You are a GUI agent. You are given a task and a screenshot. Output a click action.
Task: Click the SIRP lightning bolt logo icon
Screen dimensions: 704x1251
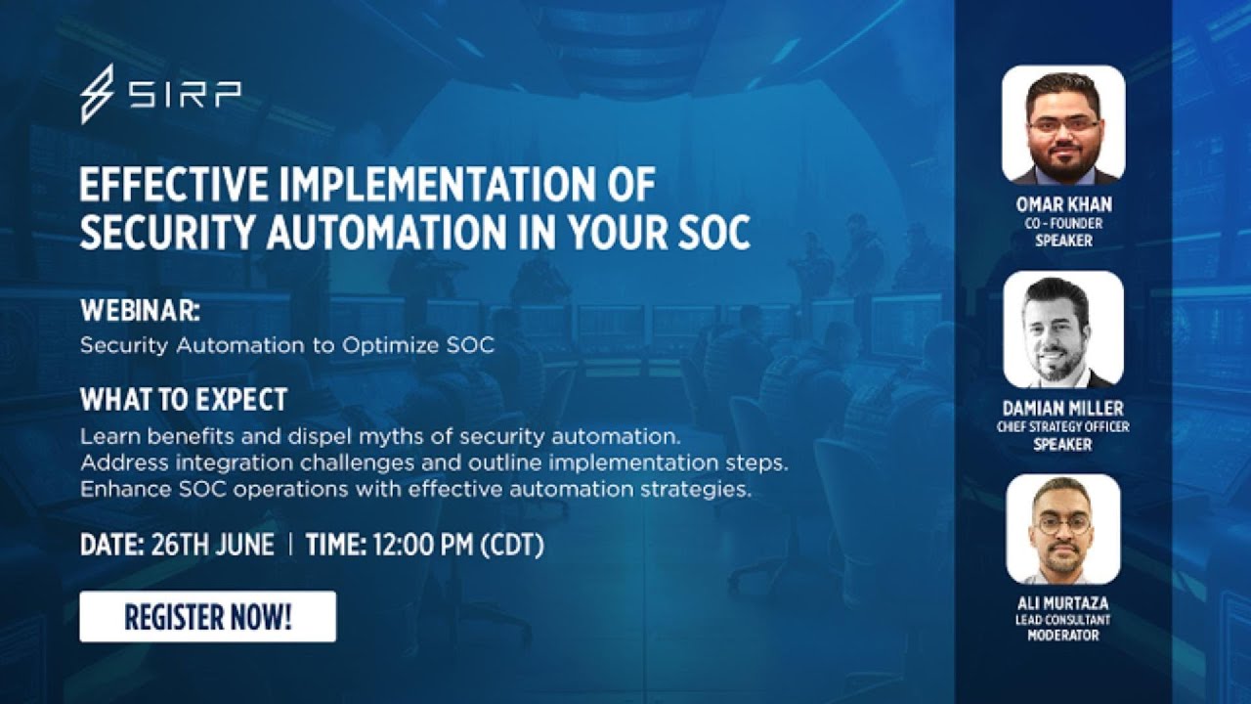[97, 94]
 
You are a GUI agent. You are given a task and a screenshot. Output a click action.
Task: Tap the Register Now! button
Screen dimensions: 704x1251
[207, 617]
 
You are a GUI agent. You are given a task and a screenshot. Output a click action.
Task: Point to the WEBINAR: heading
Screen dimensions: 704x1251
[140, 312]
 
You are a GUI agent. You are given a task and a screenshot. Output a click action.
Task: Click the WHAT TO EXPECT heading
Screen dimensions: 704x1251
[184, 399]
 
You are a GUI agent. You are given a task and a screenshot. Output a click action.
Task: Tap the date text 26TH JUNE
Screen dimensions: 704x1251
[212, 545]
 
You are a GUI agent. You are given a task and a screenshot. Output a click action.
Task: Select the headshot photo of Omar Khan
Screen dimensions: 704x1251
[1063, 125]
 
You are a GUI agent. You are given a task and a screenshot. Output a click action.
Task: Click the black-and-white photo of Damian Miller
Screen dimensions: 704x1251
[1063, 330]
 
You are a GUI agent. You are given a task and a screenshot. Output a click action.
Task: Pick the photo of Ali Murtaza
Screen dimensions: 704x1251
[1063, 530]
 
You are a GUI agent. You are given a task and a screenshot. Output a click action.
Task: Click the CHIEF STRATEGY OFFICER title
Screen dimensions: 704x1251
[1063, 427]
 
